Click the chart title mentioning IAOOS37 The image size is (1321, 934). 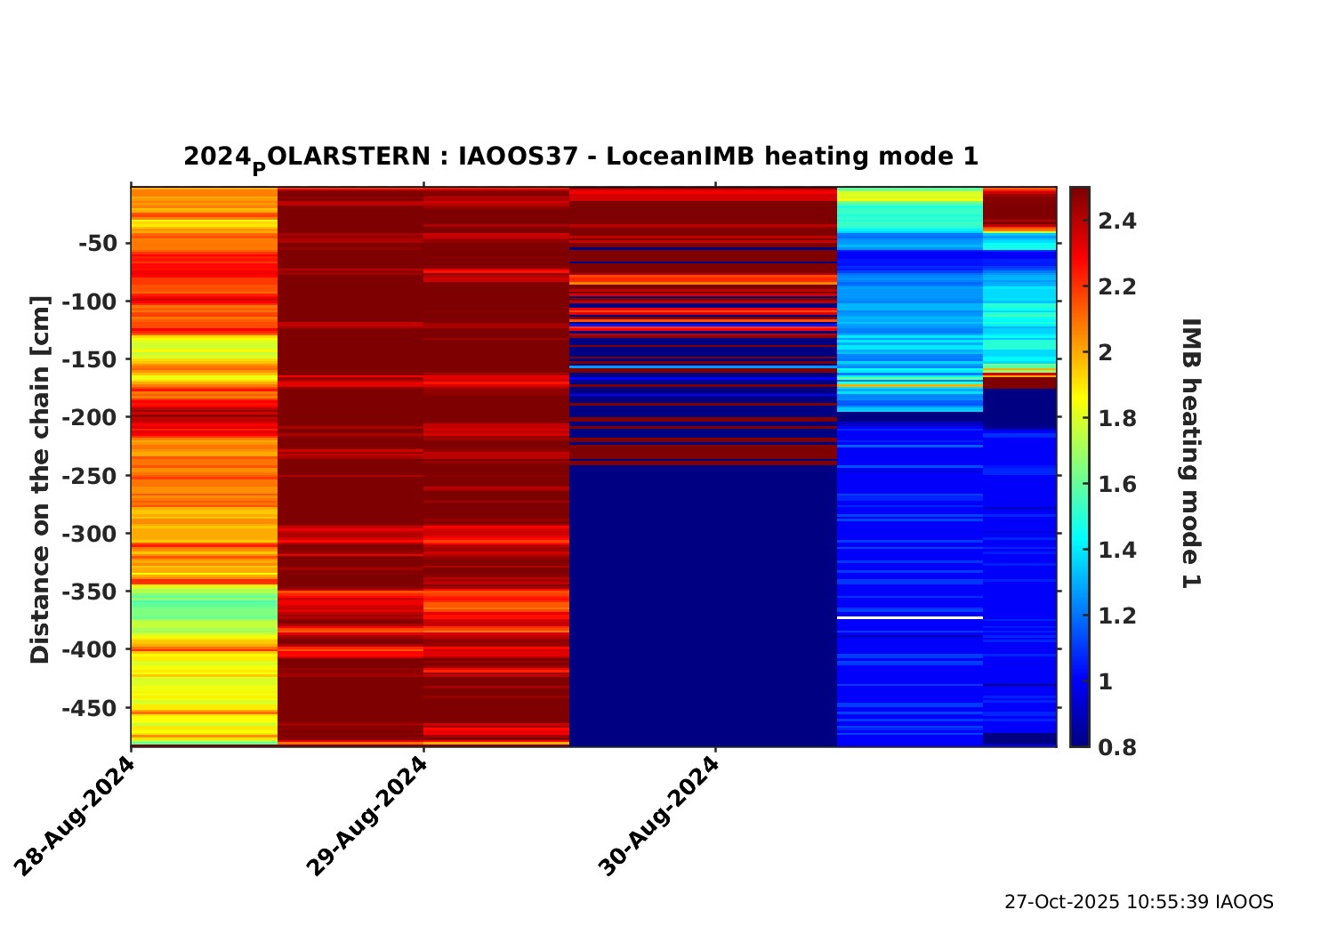(581, 157)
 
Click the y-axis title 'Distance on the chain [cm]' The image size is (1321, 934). (40, 479)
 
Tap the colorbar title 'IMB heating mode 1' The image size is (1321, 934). (1190, 453)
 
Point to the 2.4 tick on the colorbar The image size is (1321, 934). (1116, 221)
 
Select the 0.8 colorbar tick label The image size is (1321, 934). (1116, 747)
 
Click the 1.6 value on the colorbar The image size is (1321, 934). (1116, 484)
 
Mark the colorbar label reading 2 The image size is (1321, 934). (1106, 352)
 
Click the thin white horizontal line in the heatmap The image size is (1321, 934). (909, 617)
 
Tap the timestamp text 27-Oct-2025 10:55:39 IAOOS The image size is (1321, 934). (1139, 902)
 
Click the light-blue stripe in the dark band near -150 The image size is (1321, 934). (703, 366)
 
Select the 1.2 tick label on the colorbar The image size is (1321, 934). (1116, 616)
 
